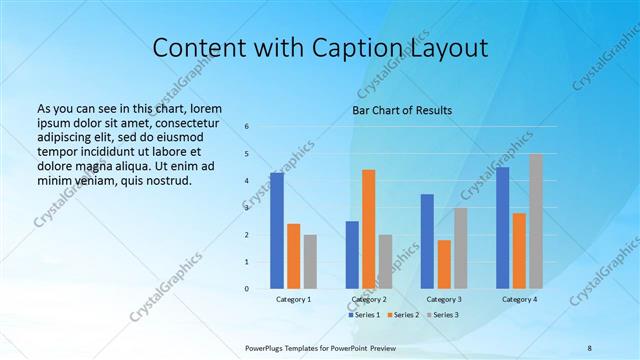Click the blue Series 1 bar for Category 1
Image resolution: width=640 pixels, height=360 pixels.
[x=277, y=231]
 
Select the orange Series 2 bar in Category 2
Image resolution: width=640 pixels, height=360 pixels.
[x=368, y=229]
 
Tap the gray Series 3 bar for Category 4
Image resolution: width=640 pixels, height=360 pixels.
[x=536, y=221]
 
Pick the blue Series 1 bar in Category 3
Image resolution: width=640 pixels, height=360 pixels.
[x=427, y=241]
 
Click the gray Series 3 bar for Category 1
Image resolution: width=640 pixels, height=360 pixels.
[x=310, y=261]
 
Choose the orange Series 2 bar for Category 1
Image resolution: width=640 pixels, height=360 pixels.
[x=293, y=256]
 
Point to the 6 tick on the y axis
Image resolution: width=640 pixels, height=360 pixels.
[x=247, y=127]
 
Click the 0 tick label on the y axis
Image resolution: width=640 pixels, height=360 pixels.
[x=247, y=289]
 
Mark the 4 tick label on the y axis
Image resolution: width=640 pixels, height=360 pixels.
[x=247, y=181]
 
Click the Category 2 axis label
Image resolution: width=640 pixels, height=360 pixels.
[x=369, y=300]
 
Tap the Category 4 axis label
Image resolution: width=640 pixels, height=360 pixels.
[x=519, y=300]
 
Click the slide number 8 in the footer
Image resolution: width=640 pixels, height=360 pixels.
[x=590, y=347]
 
